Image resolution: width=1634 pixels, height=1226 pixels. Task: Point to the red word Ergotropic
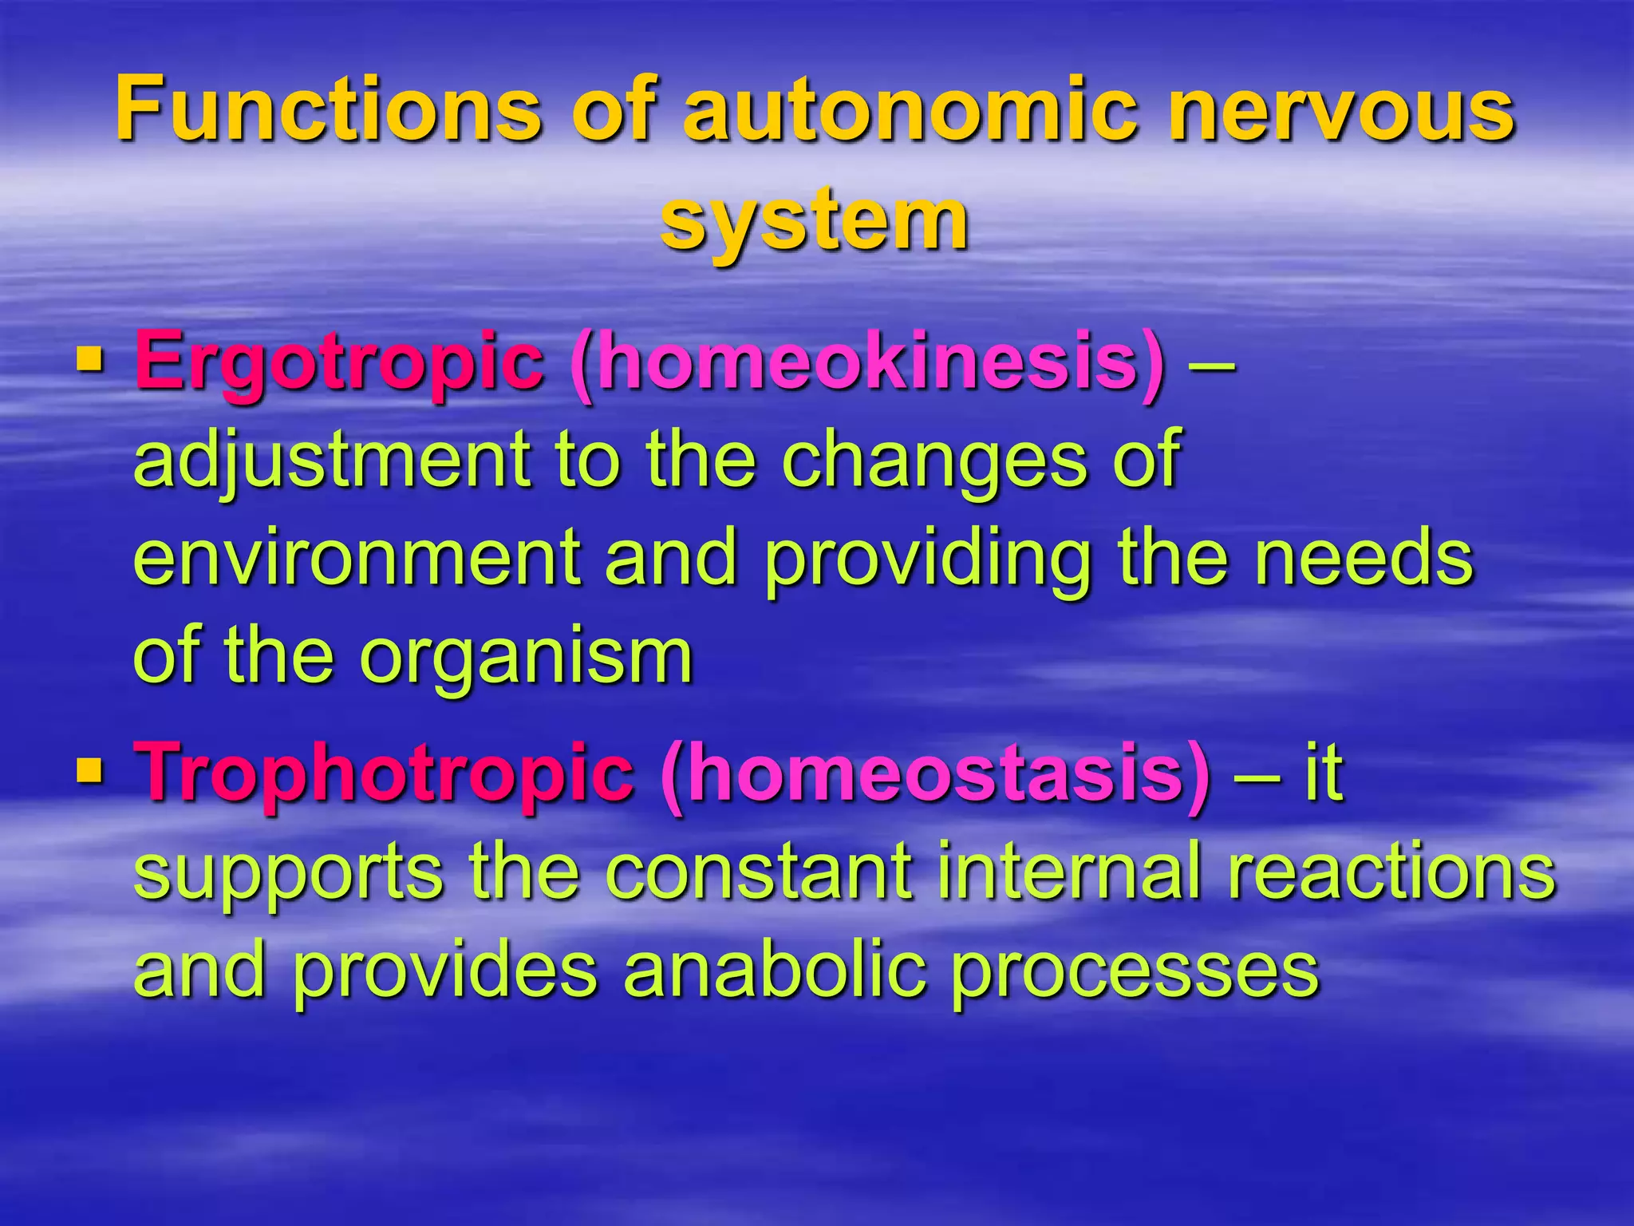[339, 363]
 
